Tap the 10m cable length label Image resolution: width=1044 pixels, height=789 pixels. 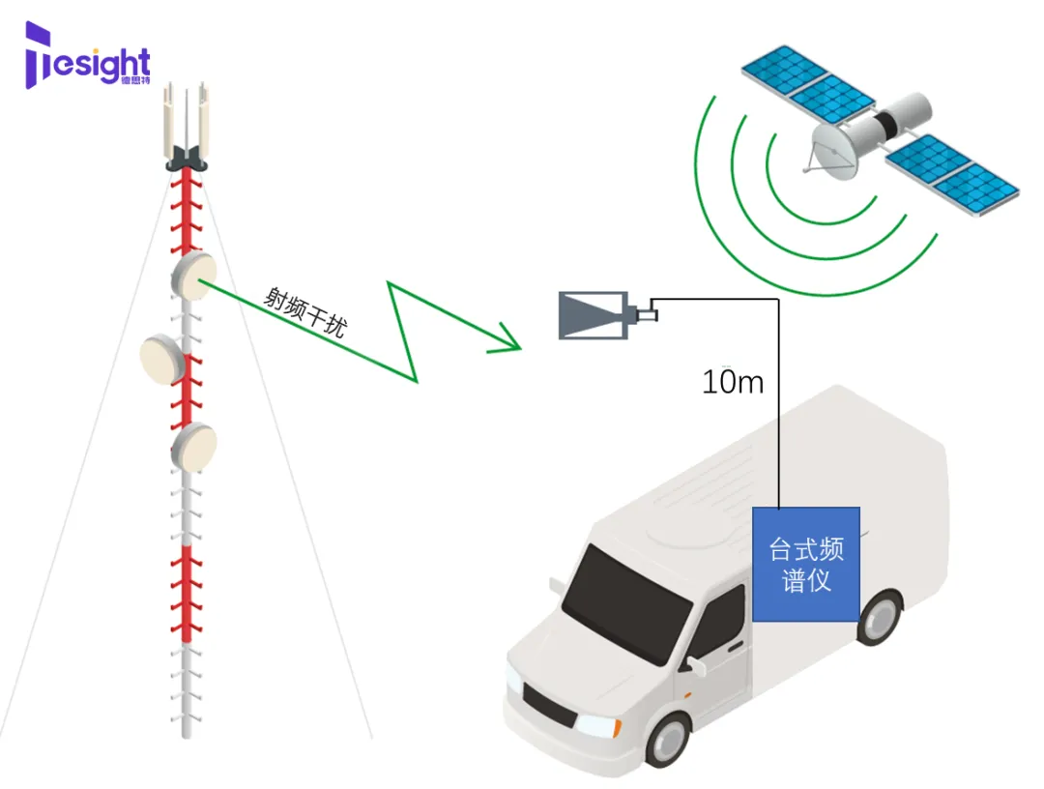[733, 382]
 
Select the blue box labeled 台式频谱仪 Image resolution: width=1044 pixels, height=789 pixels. [806, 565]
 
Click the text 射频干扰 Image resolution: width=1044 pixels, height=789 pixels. [304, 311]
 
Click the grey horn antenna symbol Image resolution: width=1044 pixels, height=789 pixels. [594, 315]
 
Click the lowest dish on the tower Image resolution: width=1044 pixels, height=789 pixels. [194, 445]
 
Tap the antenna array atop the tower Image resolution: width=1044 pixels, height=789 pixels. [188, 126]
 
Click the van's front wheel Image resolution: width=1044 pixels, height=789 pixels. [669, 739]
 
